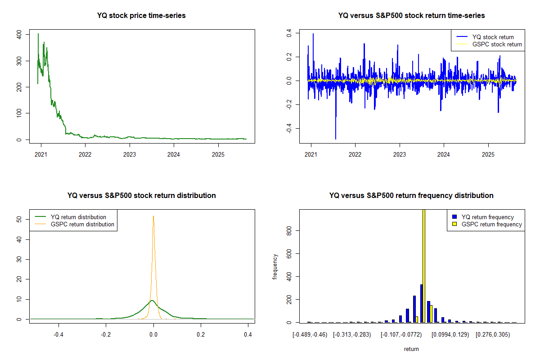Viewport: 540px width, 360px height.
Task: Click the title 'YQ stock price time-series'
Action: coord(141,16)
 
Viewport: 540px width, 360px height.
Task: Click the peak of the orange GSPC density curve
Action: coord(153,216)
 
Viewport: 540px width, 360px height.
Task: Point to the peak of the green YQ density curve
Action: coord(153,300)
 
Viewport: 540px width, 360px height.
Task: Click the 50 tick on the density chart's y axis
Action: coord(19,220)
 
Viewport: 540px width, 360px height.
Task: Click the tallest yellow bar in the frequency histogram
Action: coord(424,265)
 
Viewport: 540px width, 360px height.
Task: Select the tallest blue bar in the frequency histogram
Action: coord(421,303)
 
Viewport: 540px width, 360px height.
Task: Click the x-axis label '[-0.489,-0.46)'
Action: coord(310,335)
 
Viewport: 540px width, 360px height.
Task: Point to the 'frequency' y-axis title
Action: coord(275,266)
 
